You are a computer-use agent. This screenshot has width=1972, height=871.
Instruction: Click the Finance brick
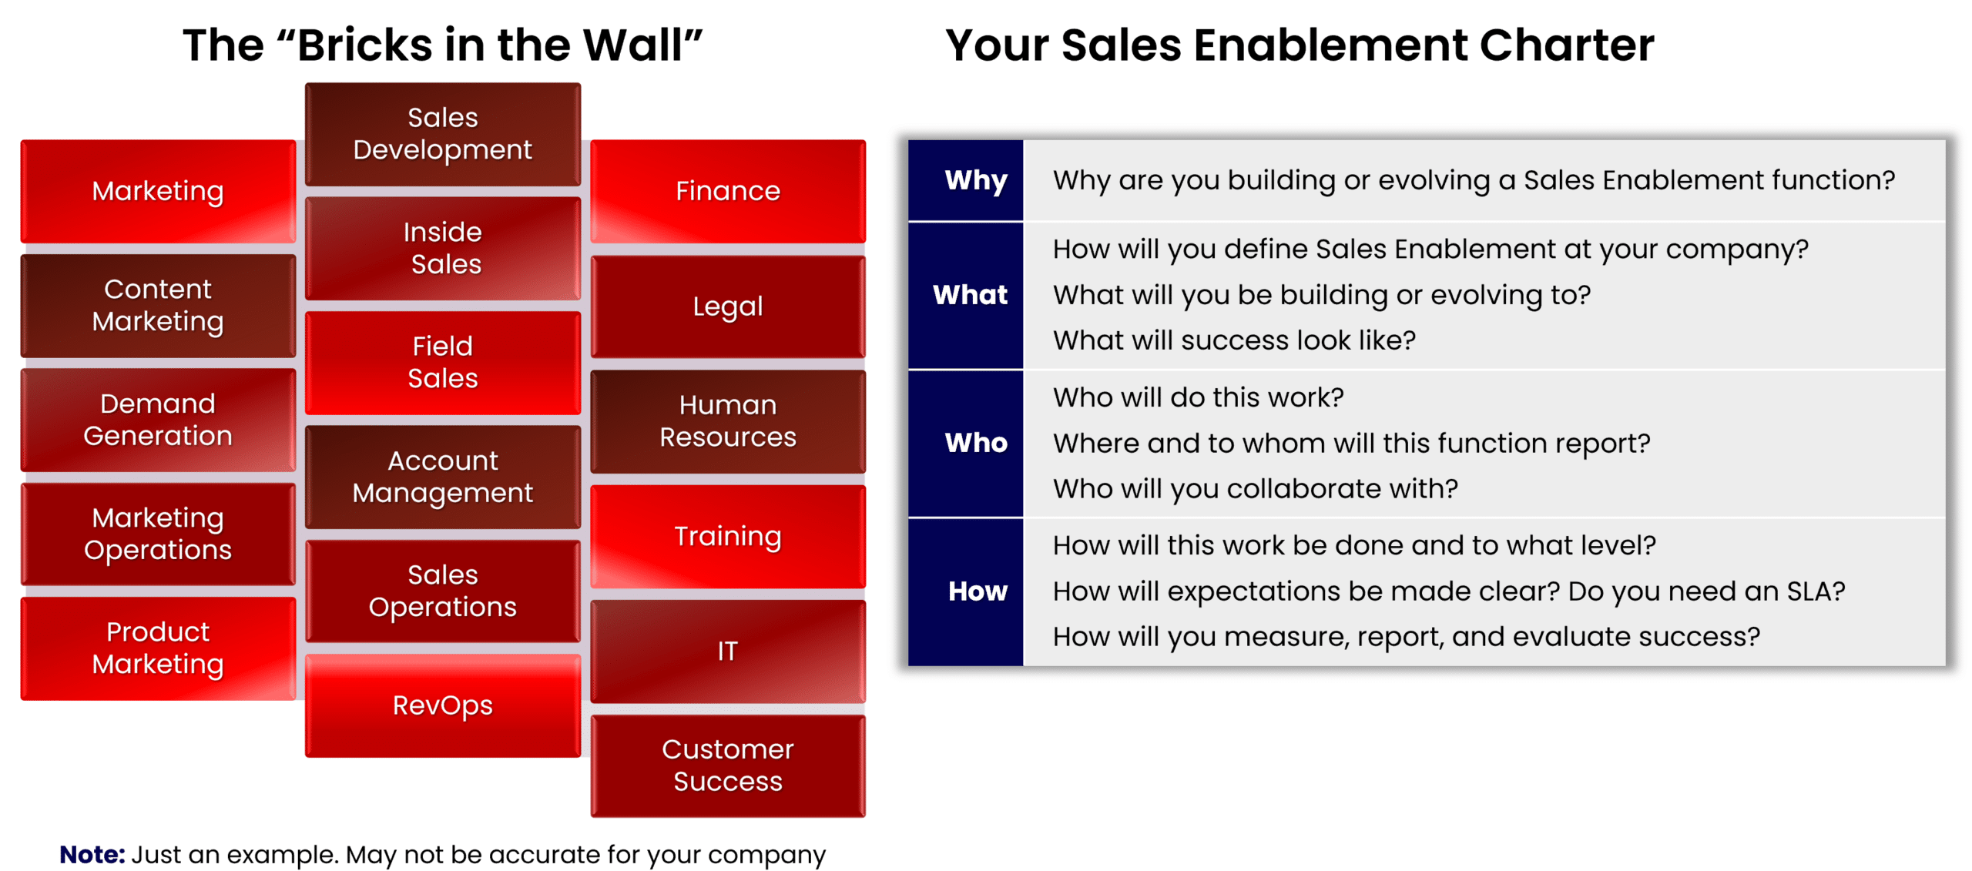[x=727, y=191]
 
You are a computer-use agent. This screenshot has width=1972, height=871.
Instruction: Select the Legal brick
[x=727, y=307]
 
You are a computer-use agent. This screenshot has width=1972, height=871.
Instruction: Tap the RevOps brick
[x=442, y=705]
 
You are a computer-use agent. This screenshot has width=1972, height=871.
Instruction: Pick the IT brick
[x=727, y=652]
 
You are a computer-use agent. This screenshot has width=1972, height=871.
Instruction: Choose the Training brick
[x=727, y=537]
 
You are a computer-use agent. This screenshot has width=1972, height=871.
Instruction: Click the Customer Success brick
[x=727, y=765]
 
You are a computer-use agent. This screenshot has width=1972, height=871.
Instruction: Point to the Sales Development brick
[x=442, y=134]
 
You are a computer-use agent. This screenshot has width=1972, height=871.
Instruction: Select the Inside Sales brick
[x=442, y=248]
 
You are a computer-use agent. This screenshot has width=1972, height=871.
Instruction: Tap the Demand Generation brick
[x=158, y=420]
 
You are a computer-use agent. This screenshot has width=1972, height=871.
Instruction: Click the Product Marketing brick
[x=158, y=648]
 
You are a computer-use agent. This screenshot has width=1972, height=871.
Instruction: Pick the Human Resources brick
[x=727, y=421]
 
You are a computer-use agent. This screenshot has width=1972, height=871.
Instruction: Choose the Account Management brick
[x=442, y=477]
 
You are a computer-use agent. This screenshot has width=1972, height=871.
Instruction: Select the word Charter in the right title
[x=1567, y=45]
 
